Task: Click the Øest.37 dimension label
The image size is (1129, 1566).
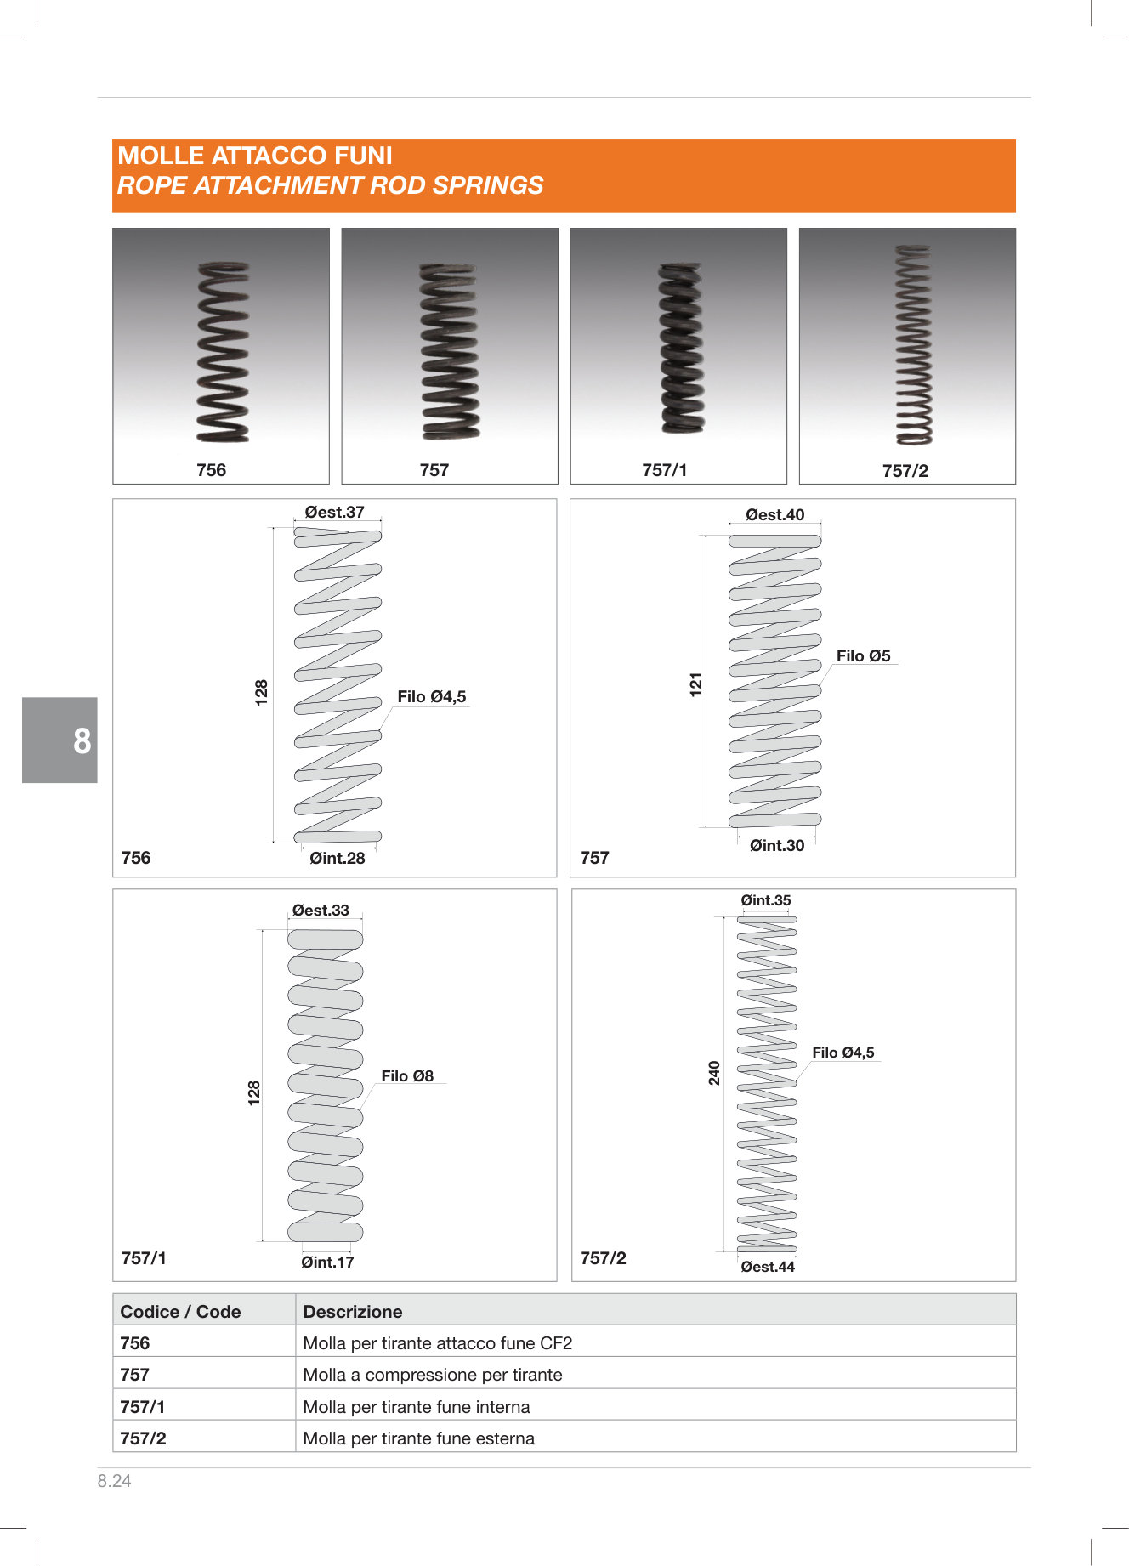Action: click(334, 512)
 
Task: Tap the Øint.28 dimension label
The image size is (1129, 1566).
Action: click(338, 858)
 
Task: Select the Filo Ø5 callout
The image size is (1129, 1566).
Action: click(863, 655)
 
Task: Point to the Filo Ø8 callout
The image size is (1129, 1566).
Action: click(407, 1075)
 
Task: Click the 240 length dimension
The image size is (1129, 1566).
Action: click(714, 1073)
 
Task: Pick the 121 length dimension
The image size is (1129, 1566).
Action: click(696, 684)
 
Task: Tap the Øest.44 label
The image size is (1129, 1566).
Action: click(768, 1267)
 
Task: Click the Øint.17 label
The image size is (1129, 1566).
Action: click(327, 1262)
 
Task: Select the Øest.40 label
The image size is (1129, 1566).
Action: click(774, 514)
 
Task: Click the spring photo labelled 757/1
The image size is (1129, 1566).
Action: click(682, 349)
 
